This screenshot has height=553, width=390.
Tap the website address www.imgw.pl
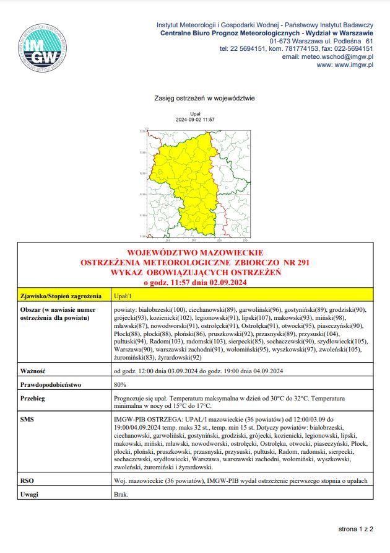click(349, 64)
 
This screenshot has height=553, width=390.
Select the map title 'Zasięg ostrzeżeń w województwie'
click(204, 99)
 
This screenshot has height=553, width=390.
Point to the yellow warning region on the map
click(186, 180)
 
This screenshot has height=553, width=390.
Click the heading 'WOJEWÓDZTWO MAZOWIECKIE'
click(194, 254)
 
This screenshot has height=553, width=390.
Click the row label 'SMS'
click(27, 420)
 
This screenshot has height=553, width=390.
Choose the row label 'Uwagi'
click(30, 495)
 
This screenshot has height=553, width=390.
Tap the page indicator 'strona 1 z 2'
click(356, 530)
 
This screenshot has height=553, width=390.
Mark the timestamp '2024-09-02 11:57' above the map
click(195, 119)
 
